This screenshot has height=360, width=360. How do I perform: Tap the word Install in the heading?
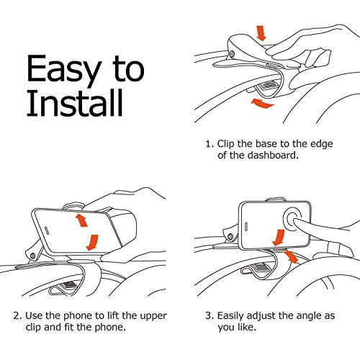[x=75, y=103]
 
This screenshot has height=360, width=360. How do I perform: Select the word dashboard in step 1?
[x=273, y=155]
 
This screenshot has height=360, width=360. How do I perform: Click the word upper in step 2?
[x=153, y=316]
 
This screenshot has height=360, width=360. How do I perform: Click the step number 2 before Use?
[x=17, y=316]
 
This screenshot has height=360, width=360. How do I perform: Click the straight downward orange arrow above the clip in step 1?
[x=261, y=32]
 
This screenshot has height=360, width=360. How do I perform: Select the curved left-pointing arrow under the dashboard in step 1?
[x=262, y=103]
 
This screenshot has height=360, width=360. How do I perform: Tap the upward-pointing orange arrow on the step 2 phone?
[x=81, y=220]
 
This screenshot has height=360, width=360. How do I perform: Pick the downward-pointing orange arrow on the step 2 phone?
[x=93, y=243]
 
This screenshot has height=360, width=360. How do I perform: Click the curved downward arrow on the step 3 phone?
[x=279, y=238]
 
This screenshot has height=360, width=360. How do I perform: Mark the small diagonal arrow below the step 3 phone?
[x=290, y=256]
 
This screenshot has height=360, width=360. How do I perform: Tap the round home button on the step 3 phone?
[x=292, y=218]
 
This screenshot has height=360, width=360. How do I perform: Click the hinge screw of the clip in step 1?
[x=232, y=54]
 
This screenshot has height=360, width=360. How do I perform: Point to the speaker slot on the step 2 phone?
[x=47, y=230]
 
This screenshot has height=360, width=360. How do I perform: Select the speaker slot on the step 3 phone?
[x=246, y=226]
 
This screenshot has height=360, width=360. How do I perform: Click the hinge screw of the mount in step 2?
[x=33, y=256]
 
